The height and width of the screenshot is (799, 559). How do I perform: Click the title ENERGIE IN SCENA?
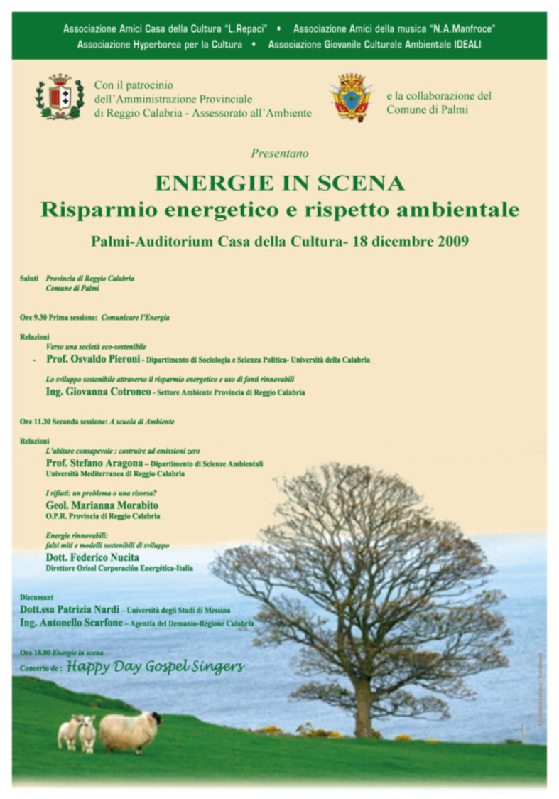click(279, 183)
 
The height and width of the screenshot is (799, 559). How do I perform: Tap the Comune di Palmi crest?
click(352, 97)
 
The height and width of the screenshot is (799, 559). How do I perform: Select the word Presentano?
click(279, 153)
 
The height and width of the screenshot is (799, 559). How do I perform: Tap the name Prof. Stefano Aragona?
click(94, 463)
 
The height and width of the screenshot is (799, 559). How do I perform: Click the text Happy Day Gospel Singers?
click(156, 667)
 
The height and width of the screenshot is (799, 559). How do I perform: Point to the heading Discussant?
click(37, 598)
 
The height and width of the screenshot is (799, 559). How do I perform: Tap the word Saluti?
click(29, 279)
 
